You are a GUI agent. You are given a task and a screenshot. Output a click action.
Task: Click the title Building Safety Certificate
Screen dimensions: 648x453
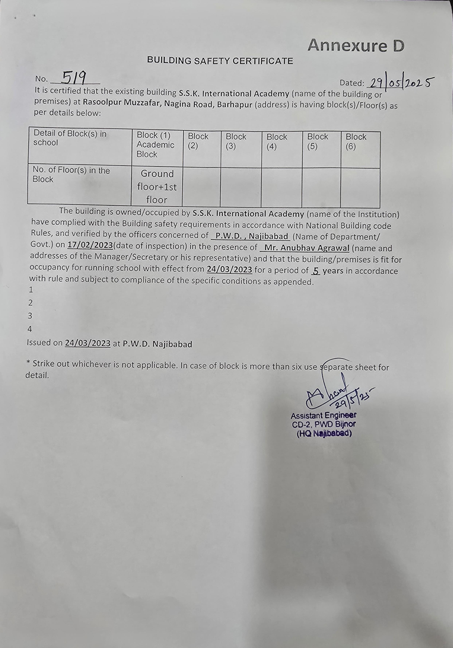(220, 61)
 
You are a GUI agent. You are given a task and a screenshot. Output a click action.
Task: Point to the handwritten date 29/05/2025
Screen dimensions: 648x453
(400, 83)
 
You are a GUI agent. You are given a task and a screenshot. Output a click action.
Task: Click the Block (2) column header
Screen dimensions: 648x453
(198, 141)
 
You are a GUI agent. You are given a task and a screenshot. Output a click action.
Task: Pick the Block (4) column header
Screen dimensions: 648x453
(277, 141)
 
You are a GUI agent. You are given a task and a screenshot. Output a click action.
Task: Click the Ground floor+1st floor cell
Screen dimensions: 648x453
(157, 187)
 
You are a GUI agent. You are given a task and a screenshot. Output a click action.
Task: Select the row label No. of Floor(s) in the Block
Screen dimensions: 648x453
(71, 175)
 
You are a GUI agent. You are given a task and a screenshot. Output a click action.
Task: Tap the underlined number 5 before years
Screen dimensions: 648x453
(316, 271)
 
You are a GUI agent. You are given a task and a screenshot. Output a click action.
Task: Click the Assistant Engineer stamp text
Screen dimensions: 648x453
(323, 416)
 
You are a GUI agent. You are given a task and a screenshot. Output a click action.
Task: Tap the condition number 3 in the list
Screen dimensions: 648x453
(30, 316)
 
